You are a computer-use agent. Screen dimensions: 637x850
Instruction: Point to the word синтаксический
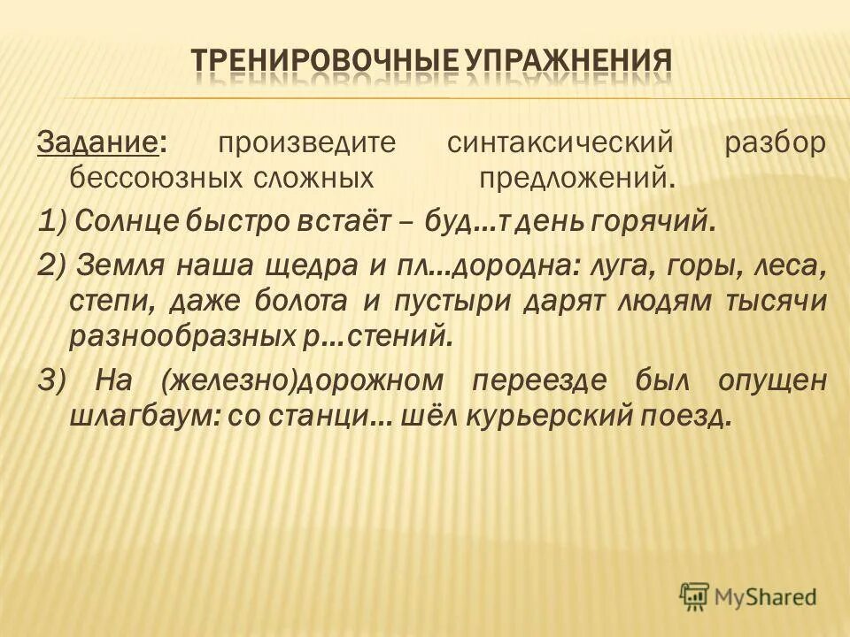click(560, 142)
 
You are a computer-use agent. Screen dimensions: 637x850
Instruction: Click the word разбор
click(775, 142)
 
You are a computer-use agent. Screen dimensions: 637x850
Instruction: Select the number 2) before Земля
click(50, 264)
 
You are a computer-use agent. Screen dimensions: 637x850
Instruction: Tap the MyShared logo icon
click(695, 596)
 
